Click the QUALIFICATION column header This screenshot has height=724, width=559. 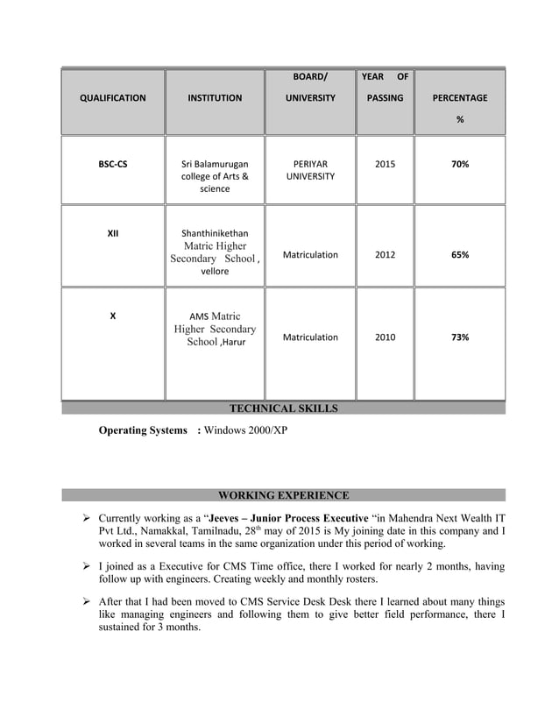[x=112, y=98]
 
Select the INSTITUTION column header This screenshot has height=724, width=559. [x=215, y=98]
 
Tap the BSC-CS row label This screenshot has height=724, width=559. [x=112, y=164]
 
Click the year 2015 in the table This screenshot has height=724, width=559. [x=385, y=164]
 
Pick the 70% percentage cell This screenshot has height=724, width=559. [x=460, y=164]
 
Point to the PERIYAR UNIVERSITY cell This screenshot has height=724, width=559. [x=310, y=170]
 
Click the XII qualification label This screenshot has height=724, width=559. [x=112, y=234]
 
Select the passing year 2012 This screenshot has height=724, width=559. [x=385, y=255]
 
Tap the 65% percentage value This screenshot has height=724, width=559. [x=460, y=255]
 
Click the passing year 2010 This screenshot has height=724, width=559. [x=385, y=337]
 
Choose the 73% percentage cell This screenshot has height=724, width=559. [x=460, y=337]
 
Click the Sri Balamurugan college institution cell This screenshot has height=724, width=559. [x=215, y=176]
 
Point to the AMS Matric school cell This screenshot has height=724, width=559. [x=215, y=329]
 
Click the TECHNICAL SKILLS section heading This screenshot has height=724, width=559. [x=283, y=408]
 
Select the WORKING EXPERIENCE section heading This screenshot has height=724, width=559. [x=283, y=495]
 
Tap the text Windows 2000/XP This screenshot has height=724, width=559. [x=245, y=431]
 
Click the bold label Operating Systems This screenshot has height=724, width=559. [x=143, y=431]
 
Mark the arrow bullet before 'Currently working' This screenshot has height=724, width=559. [x=87, y=518]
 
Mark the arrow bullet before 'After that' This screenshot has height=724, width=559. [x=87, y=602]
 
